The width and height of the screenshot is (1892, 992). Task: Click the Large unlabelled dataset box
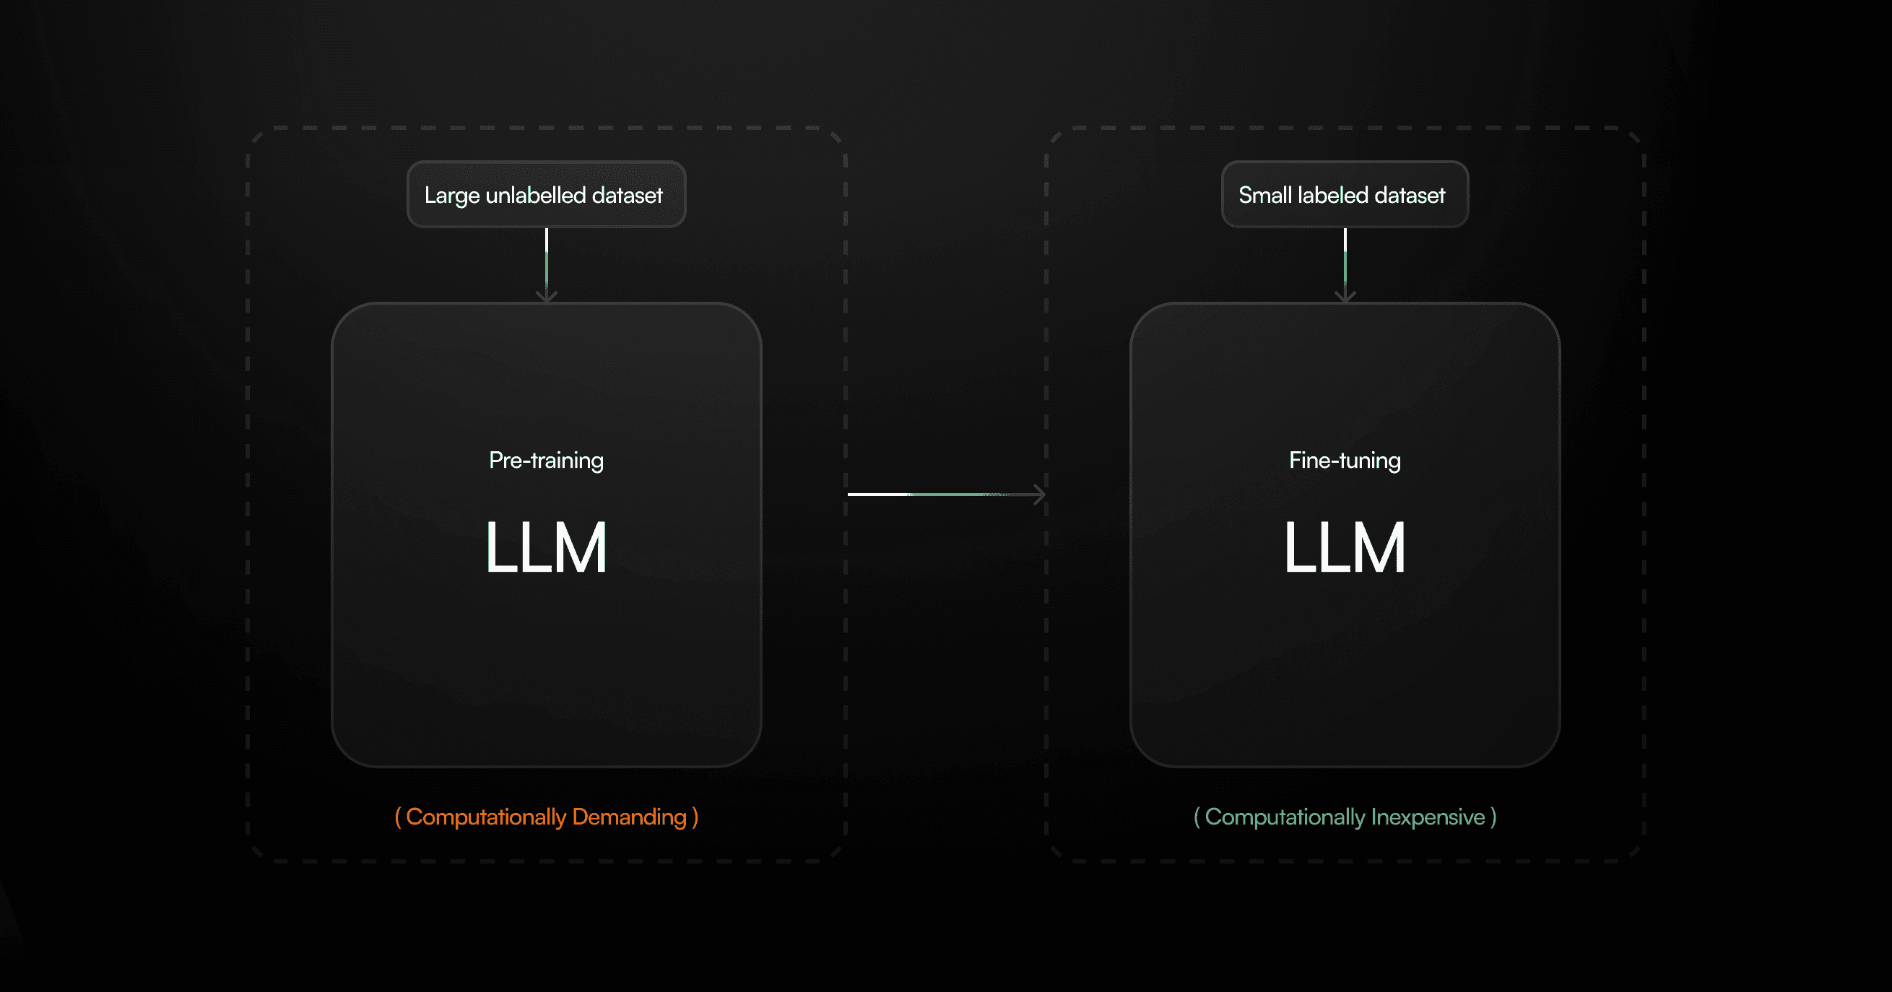546,195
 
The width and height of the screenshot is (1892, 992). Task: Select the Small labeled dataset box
1344,195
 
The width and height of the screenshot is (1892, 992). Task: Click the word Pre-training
546,461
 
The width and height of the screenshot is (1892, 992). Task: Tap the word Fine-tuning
1344,461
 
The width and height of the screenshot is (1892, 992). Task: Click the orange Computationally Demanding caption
546,817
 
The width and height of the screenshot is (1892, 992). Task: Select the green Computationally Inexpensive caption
1344,817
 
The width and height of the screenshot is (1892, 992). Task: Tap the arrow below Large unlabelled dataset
547,264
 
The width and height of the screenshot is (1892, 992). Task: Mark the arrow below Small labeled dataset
1345,264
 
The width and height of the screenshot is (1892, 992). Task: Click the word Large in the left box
451,196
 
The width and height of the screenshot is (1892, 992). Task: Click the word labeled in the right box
1332,195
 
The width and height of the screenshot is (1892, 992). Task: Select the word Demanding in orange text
629,817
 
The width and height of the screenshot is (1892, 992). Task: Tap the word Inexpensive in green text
1427,817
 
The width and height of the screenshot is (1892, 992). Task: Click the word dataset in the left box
628,195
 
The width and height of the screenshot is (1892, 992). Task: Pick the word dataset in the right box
1410,195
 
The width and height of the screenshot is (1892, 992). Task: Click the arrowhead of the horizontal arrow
1039,494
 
